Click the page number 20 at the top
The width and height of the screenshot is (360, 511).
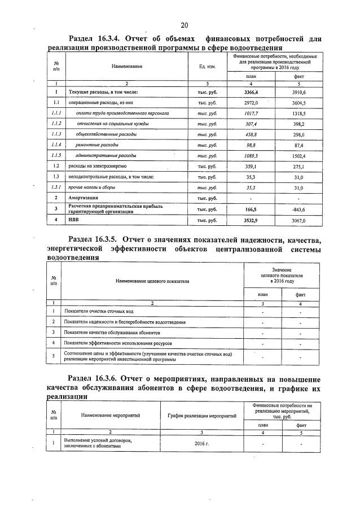click(x=184, y=25)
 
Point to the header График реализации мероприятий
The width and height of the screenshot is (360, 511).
click(x=201, y=416)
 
